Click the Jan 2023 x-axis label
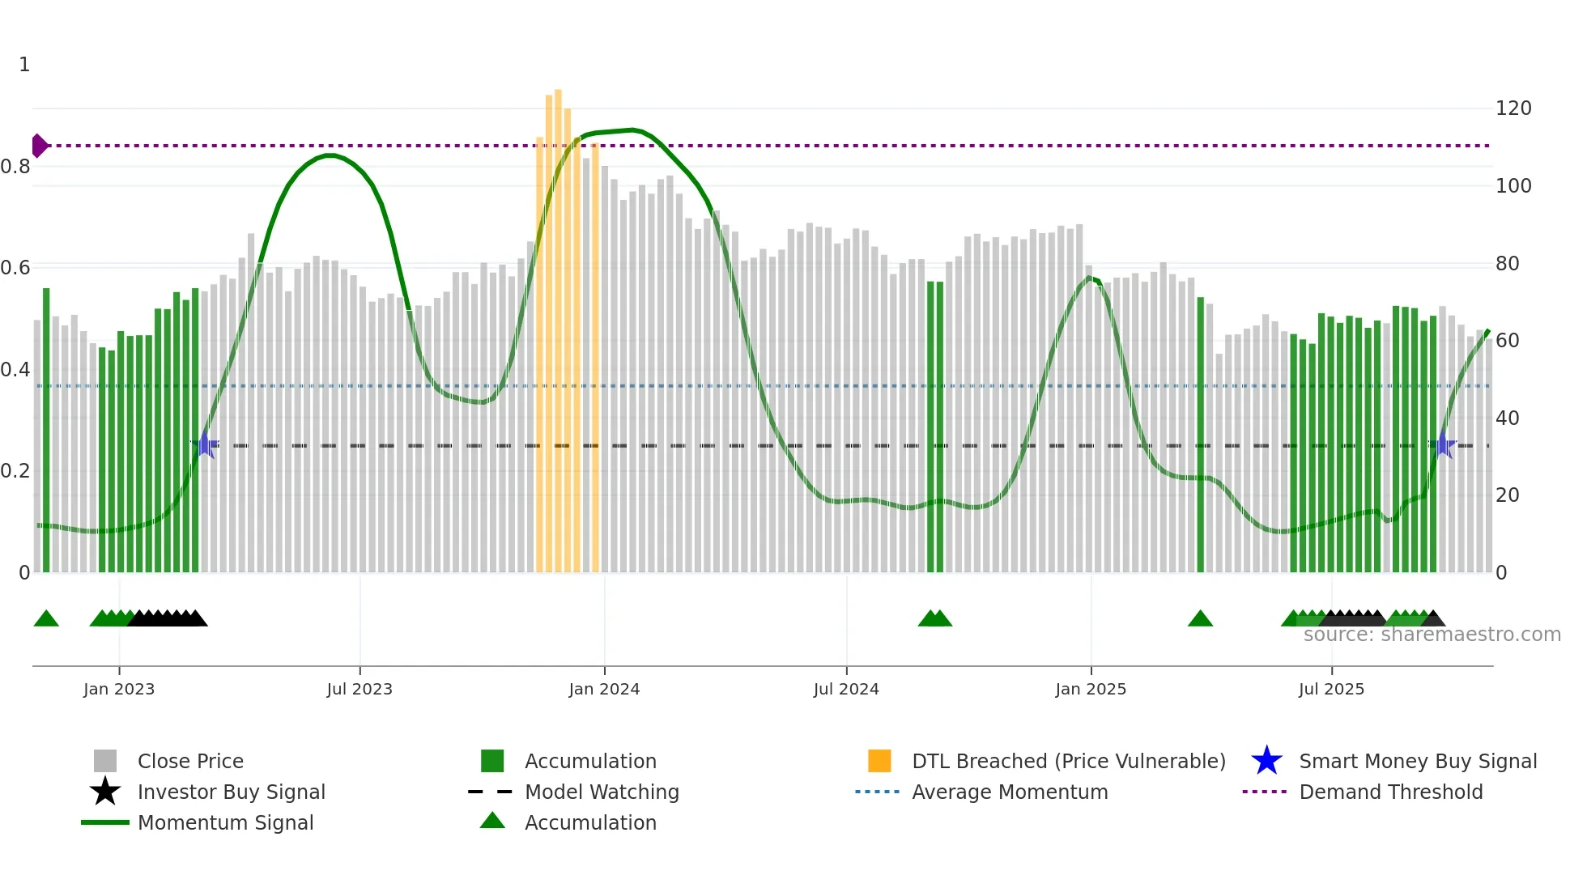pyautogui.click(x=119, y=689)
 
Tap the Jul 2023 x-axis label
pyautogui.click(x=360, y=689)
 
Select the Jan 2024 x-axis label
pyautogui.click(x=604, y=689)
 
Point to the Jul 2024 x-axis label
pyautogui.click(x=846, y=689)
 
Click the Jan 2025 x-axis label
pyautogui.click(x=1091, y=689)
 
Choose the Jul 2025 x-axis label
pyautogui.click(x=1331, y=689)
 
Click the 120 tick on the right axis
pyautogui.click(x=1513, y=108)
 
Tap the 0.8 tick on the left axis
pyautogui.click(x=16, y=167)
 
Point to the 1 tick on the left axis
pyautogui.click(x=24, y=65)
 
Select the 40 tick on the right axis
pyautogui.click(x=1508, y=418)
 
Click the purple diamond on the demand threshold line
pyautogui.click(x=39, y=146)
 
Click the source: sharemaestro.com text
pyautogui.click(x=1432, y=635)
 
